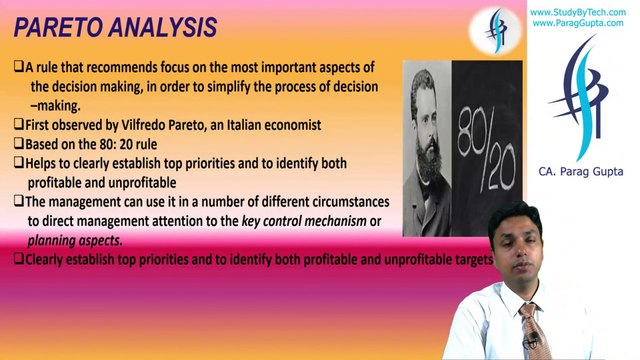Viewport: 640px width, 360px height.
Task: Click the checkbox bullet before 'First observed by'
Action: coord(18,124)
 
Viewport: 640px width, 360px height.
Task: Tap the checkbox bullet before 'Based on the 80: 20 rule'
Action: coord(18,144)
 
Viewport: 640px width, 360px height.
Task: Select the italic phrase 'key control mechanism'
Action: coord(305,221)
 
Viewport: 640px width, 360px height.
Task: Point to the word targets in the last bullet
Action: coord(470,259)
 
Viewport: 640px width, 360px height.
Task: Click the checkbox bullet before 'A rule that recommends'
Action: coord(18,67)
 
